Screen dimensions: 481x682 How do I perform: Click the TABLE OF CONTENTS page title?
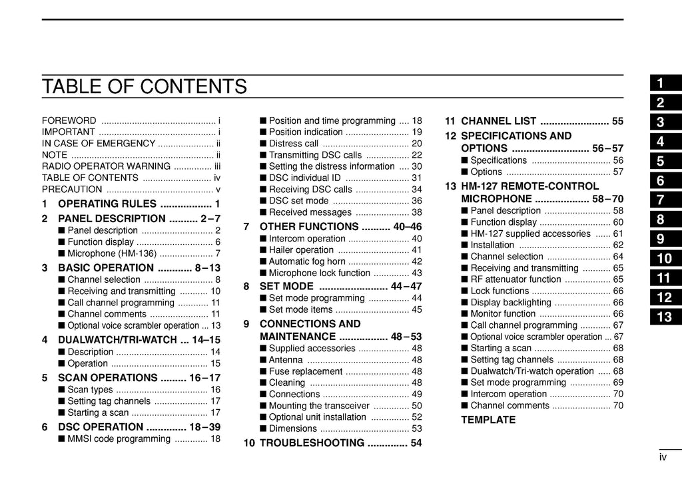(x=144, y=86)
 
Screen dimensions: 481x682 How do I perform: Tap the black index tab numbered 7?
(x=664, y=200)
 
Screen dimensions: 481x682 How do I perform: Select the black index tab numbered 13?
(x=664, y=317)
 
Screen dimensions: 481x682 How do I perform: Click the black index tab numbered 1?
(x=664, y=83)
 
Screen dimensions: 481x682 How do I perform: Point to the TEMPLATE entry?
(x=488, y=420)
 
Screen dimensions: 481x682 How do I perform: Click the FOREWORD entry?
(x=69, y=120)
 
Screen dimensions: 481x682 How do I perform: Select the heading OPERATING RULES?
(x=107, y=204)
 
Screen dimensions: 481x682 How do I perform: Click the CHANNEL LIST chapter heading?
(x=499, y=121)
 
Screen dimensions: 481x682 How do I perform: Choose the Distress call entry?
(x=294, y=143)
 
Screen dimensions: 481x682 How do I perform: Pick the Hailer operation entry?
(x=301, y=250)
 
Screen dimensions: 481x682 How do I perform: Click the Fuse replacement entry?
(x=306, y=371)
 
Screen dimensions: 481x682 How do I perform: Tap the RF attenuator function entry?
(x=515, y=279)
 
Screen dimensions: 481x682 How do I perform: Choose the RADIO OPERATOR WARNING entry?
(x=106, y=166)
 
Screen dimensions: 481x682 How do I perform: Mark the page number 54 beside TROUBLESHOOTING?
(x=416, y=443)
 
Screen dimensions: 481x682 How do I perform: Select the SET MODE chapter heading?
(x=286, y=286)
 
